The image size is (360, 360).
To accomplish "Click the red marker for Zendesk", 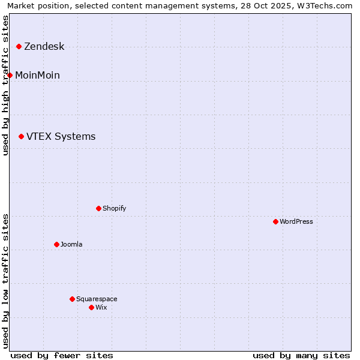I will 19,46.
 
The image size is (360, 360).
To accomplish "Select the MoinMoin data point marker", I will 10,75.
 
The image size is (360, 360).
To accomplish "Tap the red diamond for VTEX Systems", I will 21,137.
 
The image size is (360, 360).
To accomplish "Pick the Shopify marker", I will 98,208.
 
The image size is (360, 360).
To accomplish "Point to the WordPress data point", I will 275,221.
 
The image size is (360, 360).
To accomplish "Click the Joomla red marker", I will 56,244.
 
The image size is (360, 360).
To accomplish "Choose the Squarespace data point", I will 72,299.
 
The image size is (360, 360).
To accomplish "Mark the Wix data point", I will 91,307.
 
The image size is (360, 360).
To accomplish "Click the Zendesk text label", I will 44,47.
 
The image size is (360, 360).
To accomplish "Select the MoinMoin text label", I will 37,76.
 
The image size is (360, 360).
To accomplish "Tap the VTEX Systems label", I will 61,137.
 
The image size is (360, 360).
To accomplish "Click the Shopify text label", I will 114,209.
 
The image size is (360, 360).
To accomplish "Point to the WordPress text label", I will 296,222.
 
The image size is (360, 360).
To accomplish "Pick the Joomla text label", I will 71,245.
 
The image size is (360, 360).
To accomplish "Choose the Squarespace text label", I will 97,299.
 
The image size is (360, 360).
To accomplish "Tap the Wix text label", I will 101,308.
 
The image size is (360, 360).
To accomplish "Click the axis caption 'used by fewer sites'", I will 62,355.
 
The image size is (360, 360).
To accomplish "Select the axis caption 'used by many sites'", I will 301,355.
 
